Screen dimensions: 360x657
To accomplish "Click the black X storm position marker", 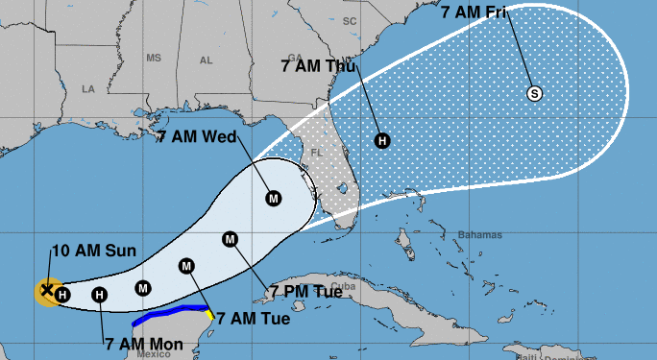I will tap(45, 289).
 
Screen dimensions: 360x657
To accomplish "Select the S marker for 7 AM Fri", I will tap(535, 93).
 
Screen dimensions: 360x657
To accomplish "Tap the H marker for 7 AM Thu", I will tap(382, 141).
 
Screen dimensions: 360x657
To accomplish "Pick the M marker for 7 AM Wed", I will tap(274, 199).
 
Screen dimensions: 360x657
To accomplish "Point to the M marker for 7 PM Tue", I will tap(230, 239).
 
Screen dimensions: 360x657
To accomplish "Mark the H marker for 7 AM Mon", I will tap(100, 295).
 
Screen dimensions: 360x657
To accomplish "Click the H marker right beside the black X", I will tap(61, 294).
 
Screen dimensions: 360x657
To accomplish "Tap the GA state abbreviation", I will tap(294, 57).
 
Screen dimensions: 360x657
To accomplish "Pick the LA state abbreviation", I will tap(88, 88).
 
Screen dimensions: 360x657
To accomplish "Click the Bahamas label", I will tap(480, 235).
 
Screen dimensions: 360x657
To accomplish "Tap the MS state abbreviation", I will tap(153, 59).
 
